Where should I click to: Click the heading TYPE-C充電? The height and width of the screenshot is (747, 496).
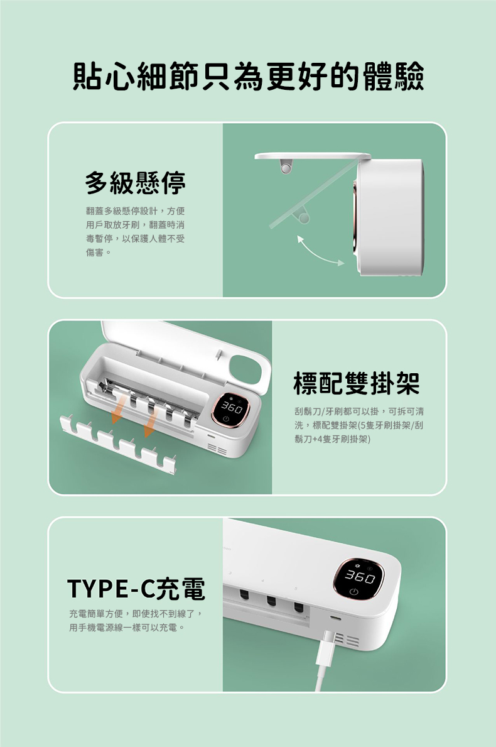click(x=136, y=589)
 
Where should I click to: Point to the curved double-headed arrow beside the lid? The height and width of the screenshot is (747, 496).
click(x=320, y=251)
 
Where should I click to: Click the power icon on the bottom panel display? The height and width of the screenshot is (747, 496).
click(x=354, y=592)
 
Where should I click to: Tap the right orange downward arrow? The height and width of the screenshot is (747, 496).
click(x=150, y=425)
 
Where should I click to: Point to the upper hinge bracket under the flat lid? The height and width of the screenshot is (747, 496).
click(x=286, y=166)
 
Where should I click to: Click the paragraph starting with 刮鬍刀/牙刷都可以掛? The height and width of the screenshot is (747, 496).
click(x=358, y=425)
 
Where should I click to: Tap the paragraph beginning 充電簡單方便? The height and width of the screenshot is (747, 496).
click(x=136, y=620)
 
